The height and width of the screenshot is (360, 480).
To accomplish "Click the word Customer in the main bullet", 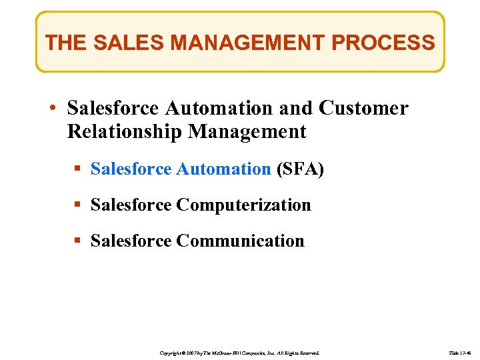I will tap(363, 108).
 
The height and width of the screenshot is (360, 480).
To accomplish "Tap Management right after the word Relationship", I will tap(247, 131).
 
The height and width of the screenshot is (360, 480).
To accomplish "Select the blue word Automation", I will tap(223, 169).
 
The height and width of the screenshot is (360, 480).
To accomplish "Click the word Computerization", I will tap(243, 205).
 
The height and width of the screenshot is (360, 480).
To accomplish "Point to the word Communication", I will tap(240, 241).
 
